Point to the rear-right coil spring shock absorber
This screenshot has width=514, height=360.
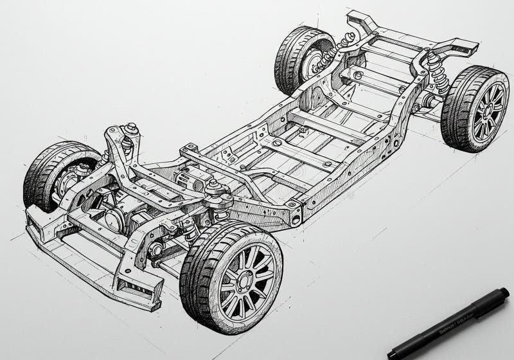[x=438, y=73]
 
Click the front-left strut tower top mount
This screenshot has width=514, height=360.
[x=132, y=130]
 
